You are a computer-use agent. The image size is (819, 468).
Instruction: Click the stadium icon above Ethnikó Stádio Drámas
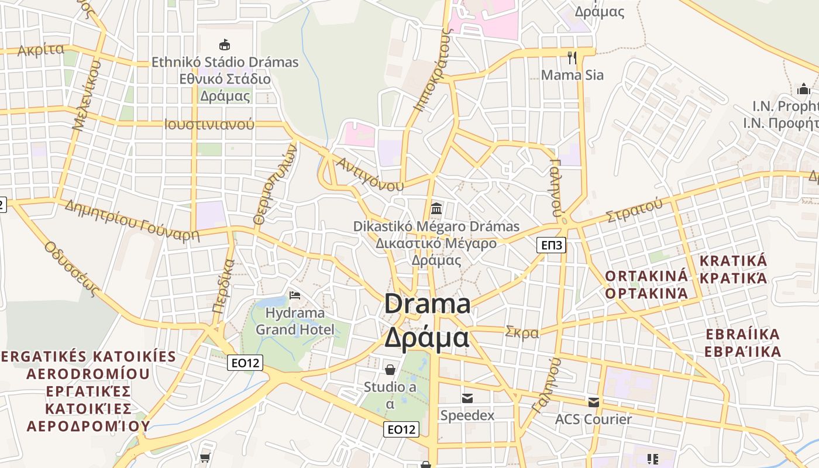click(224, 44)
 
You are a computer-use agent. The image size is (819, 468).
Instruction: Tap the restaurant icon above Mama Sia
click(572, 57)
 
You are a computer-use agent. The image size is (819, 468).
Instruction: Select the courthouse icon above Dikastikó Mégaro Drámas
click(436, 208)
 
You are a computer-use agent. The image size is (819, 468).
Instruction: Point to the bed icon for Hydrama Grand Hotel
click(295, 295)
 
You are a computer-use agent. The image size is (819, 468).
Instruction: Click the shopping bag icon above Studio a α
click(390, 370)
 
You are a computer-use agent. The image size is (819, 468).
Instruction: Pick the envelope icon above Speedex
click(467, 398)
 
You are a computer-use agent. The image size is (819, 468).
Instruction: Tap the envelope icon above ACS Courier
click(593, 402)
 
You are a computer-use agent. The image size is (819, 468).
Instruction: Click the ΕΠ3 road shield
click(551, 245)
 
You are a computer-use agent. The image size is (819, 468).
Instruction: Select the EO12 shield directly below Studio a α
click(401, 429)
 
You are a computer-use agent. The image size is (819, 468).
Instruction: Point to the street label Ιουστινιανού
click(209, 124)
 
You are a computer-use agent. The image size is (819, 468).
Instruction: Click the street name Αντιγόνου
click(370, 173)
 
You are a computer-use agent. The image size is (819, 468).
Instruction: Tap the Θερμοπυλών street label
click(276, 185)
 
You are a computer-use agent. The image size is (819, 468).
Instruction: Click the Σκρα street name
click(522, 332)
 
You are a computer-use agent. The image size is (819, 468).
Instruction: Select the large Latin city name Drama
click(428, 304)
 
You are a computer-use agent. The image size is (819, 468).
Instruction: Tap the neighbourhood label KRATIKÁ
click(733, 260)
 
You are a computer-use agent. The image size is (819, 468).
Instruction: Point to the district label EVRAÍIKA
click(742, 335)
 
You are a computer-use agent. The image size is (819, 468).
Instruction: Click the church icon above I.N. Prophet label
click(804, 90)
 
